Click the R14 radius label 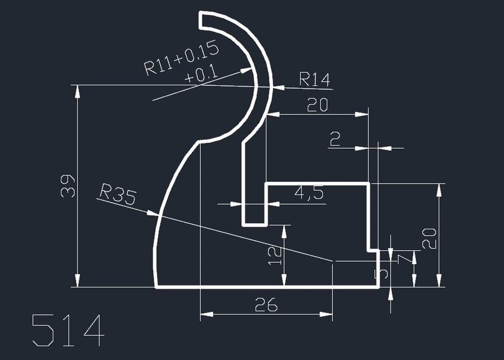pyautogui.click(x=315, y=79)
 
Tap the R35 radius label pyautogui.click(x=118, y=194)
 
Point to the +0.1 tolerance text pyautogui.click(x=201, y=76)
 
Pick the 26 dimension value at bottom pyautogui.click(x=266, y=305)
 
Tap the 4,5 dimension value pyautogui.click(x=309, y=193)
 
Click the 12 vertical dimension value pyautogui.click(x=275, y=254)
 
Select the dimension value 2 pyautogui.click(x=335, y=140)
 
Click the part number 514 pyautogui.click(x=68, y=329)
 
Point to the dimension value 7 pyautogui.click(x=406, y=258)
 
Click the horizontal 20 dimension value pyautogui.click(x=317, y=106)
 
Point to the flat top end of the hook pyautogui.click(x=202, y=20)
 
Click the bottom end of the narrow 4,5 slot pyautogui.click(x=254, y=225)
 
